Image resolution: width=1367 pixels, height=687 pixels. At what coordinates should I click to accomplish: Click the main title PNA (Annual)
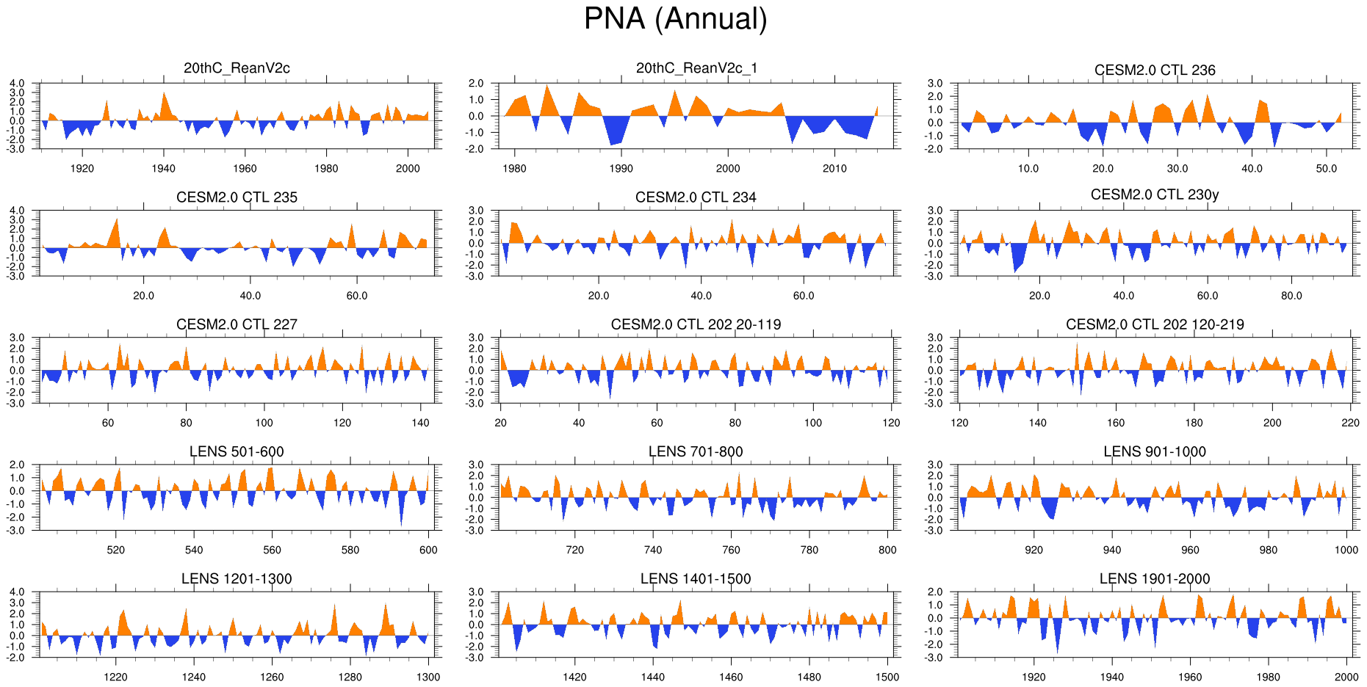(675, 19)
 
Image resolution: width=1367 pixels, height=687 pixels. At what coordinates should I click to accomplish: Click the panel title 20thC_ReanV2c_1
(696, 68)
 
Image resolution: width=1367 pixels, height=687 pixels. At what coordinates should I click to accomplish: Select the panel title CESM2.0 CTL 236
(1155, 70)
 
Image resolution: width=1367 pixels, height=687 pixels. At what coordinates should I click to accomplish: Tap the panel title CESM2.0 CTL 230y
(1155, 195)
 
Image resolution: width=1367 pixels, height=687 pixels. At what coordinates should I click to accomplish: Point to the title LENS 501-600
(237, 452)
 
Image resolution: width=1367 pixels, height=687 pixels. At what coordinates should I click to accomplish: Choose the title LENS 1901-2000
(1155, 579)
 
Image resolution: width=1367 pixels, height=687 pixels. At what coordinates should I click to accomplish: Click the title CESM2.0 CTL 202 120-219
(1155, 325)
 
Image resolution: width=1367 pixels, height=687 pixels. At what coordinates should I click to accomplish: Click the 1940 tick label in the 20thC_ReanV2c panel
(163, 169)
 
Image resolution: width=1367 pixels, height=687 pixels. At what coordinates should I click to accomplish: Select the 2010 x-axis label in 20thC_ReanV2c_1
(834, 169)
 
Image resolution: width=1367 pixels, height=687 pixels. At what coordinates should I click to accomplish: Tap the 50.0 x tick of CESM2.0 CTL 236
(1327, 169)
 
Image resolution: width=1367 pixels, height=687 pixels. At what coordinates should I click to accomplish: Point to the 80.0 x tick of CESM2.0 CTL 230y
(1291, 296)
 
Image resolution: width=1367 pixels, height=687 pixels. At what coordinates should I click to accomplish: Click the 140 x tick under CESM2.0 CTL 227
(420, 423)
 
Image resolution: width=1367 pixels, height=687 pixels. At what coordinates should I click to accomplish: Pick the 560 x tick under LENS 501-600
(272, 550)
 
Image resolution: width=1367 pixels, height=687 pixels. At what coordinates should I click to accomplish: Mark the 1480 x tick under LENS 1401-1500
(809, 677)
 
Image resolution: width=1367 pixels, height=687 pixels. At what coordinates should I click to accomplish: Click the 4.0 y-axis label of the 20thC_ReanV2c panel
(17, 84)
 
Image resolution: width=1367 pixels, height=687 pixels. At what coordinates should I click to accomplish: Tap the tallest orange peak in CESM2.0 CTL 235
(116, 224)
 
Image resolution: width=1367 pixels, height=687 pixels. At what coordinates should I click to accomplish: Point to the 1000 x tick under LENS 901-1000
(1346, 550)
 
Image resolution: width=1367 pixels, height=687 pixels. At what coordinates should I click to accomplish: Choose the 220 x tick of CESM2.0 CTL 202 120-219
(1350, 423)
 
